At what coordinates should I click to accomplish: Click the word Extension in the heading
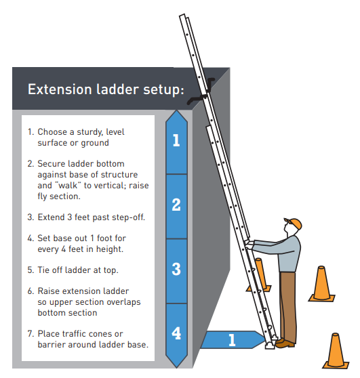[60, 89]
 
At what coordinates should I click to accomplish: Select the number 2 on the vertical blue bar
[176, 205]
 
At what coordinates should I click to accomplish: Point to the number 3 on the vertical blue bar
[176, 269]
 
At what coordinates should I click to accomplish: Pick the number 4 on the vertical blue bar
[176, 333]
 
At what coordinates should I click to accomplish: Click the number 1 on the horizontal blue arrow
[232, 340]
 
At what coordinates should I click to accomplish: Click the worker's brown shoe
[285, 343]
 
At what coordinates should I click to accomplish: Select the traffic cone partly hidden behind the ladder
[260, 275]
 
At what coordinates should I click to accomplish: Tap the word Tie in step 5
[43, 270]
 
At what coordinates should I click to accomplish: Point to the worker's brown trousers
[287, 306]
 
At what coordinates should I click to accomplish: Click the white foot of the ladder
[270, 345]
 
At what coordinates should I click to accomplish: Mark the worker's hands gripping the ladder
[249, 244]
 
